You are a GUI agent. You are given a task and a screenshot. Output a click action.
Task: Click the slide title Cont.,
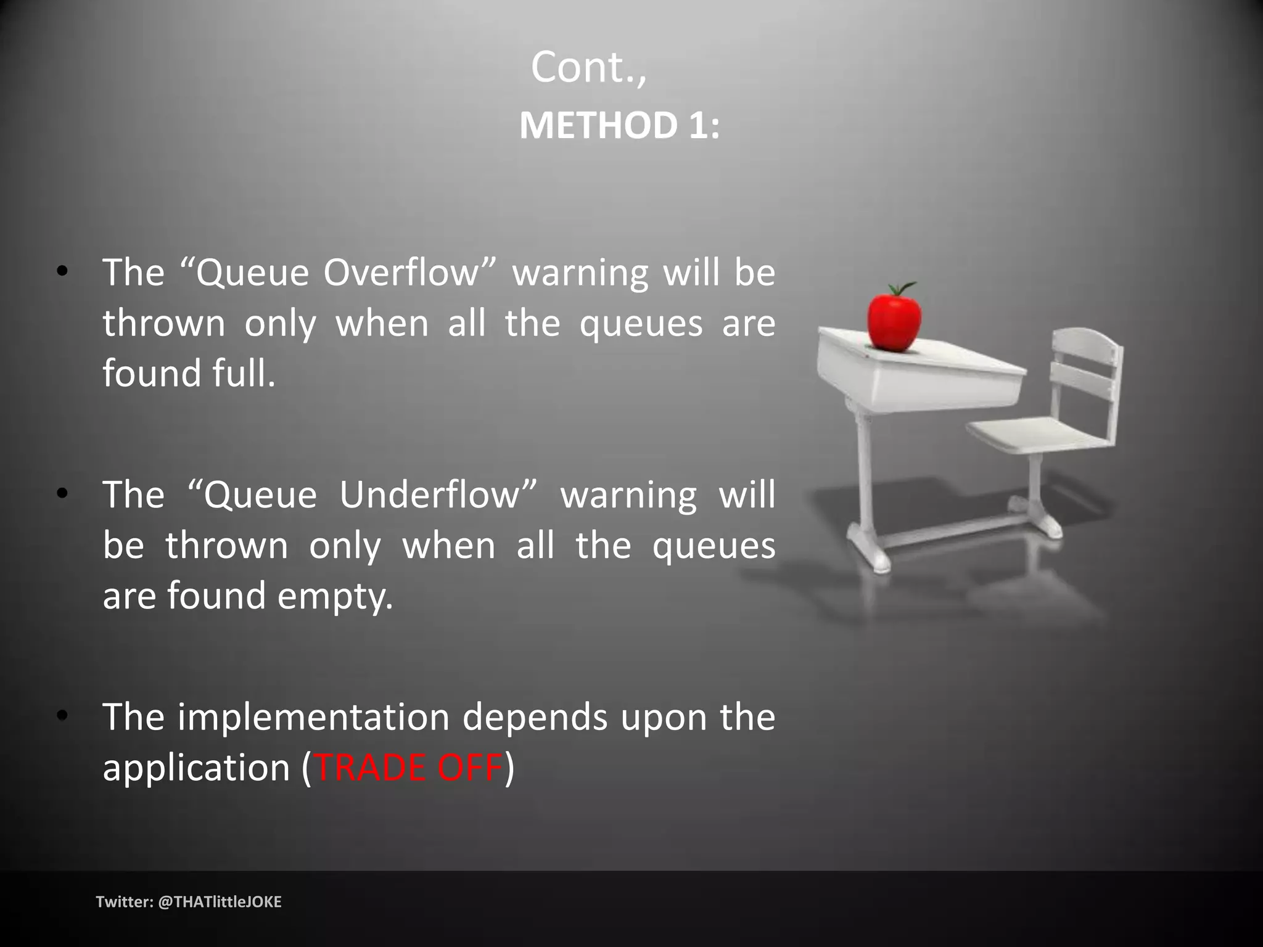589,68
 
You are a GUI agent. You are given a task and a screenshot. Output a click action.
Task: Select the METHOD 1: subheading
619,126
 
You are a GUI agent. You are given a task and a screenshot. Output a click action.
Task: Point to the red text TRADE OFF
408,768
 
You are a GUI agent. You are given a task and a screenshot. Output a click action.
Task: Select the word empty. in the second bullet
335,596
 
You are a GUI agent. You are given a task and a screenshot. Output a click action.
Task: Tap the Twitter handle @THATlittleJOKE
220,902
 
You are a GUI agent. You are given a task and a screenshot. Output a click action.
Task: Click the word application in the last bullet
196,768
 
